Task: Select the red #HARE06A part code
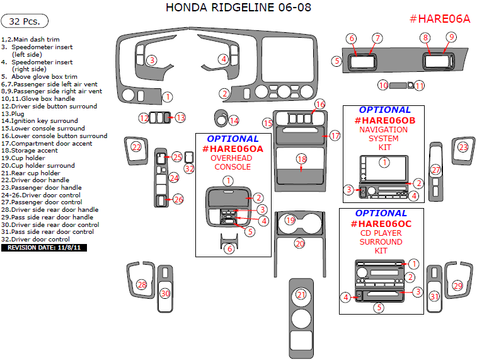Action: (440, 19)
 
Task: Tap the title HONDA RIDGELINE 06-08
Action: (238, 8)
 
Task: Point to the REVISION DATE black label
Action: (44, 248)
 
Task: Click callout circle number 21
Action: (301, 295)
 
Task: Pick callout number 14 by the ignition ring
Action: (234, 120)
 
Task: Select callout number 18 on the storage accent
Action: (302, 159)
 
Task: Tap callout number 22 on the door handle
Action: (136, 147)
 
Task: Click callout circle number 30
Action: (165, 293)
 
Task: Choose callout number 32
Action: (189, 168)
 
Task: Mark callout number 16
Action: (320, 104)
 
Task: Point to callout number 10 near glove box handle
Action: (382, 85)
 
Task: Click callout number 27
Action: (435, 170)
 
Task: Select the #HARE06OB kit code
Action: (384, 120)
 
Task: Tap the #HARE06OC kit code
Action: (381, 224)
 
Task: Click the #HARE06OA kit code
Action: (233, 149)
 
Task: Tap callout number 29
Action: (457, 286)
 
